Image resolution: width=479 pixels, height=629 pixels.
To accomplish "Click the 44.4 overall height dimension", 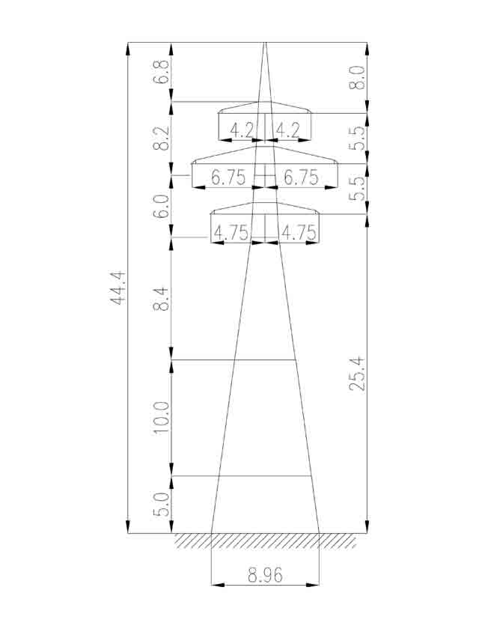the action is pyautogui.click(x=118, y=288).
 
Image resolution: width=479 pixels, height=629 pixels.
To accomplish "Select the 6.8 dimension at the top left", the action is pyautogui.click(x=161, y=71).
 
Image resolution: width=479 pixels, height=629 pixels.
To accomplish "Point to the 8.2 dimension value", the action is pyautogui.click(x=161, y=138).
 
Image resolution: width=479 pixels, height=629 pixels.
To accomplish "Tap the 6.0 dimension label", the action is pyautogui.click(x=161, y=206).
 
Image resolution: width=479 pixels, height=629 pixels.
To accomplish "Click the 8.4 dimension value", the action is pyautogui.click(x=161, y=299).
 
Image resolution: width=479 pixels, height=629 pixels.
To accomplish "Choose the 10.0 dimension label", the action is pyautogui.click(x=161, y=417).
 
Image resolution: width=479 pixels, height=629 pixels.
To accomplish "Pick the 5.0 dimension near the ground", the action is pyautogui.click(x=161, y=505).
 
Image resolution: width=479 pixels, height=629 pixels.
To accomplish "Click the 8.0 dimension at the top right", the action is pyautogui.click(x=357, y=77).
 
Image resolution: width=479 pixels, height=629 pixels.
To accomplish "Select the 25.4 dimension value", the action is pyautogui.click(x=357, y=373).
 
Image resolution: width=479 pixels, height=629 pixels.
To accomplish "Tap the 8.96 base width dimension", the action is pyautogui.click(x=265, y=575).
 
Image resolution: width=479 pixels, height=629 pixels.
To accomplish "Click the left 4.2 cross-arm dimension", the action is pyautogui.click(x=242, y=130).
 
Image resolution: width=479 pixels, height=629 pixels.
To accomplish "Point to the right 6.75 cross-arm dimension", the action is pyautogui.click(x=301, y=177).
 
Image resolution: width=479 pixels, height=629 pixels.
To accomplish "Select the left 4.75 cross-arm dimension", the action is pyautogui.click(x=231, y=233).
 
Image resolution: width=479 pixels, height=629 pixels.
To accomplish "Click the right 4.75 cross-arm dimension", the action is pyautogui.click(x=299, y=233).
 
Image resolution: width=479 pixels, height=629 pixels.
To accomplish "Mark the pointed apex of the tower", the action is pyautogui.click(x=264, y=42).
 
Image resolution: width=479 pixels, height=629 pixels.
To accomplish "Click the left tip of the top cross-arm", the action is pyautogui.click(x=219, y=113).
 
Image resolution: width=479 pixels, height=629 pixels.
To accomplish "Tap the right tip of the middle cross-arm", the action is pyautogui.click(x=338, y=163).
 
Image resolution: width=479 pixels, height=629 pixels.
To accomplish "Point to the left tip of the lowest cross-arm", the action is pyautogui.click(x=211, y=214).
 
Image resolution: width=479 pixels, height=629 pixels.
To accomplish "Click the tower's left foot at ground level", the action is pyautogui.click(x=211, y=533).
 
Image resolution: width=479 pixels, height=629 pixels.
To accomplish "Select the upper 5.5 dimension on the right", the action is pyautogui.click(x=357, y=139).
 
